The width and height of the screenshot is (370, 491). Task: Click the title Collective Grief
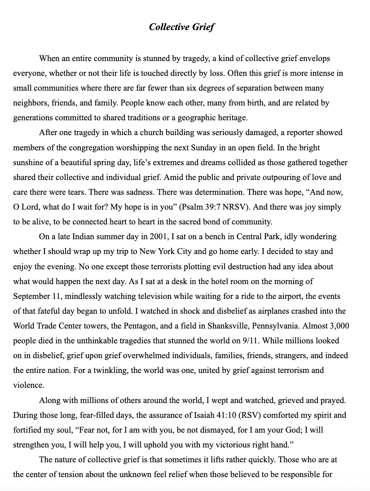click(182, 27)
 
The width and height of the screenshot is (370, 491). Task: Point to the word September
click(34, 296)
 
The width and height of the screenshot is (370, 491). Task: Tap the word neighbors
click(32, 103)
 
